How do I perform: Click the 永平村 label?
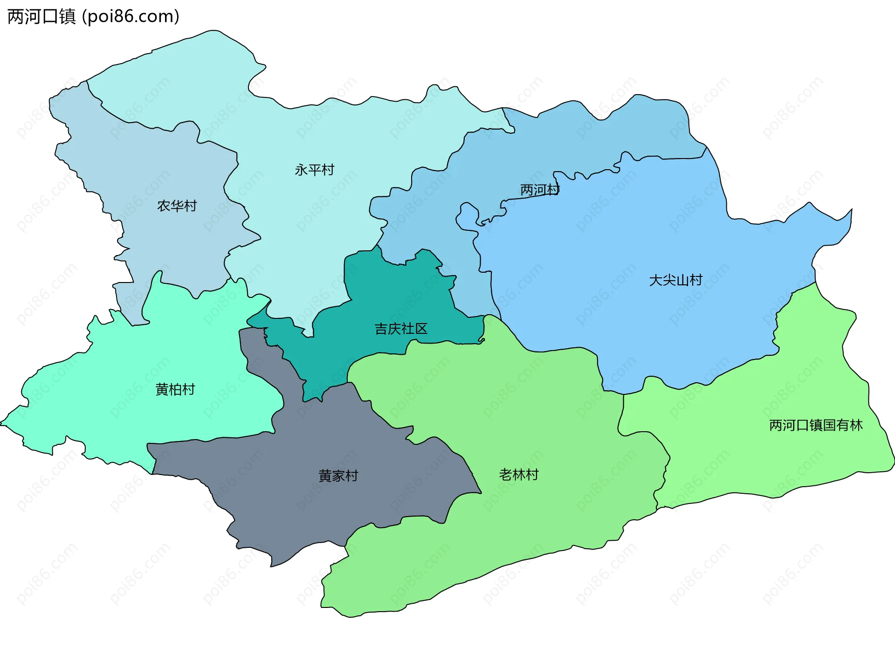[315, 170]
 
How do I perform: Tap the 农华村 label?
[177, 206]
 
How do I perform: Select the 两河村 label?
[540, 190]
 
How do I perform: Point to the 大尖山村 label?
[675, 280]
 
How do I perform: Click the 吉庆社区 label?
[401, 329]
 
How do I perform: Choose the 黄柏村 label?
[175, 389]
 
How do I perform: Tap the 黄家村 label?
[338, 476]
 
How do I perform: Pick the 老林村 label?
[519, 475]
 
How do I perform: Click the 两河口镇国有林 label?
[816, 425]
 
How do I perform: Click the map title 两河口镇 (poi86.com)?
[93, 16]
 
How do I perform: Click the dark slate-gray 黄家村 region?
[298, 503]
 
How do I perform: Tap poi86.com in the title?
[131, 16]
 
